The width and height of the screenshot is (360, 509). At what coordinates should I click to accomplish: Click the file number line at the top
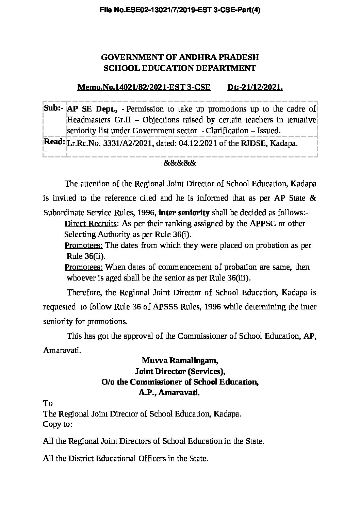[x=180, y=11]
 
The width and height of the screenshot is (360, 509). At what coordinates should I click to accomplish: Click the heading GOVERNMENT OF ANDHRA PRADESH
[x=180, y=57]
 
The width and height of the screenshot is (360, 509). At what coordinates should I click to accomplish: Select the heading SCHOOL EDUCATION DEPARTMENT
[x=180, y=68]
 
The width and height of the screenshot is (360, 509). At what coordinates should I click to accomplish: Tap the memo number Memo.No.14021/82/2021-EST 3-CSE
[x=144, y=87]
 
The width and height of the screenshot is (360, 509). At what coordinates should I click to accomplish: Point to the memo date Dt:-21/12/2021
[x=255, y=87]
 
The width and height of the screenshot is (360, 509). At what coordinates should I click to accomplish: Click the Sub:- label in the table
[x=54, y=108]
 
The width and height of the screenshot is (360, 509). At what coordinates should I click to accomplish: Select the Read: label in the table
[x=54, y=141]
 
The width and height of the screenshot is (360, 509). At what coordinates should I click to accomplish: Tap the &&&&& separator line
[x=180, y=163]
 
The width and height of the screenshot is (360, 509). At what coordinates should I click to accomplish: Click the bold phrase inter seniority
[x=184, y=213]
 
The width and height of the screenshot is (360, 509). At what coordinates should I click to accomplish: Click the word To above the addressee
[x=48, y=403]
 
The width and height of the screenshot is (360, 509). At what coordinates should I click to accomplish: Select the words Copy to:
[x=58, y=424]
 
